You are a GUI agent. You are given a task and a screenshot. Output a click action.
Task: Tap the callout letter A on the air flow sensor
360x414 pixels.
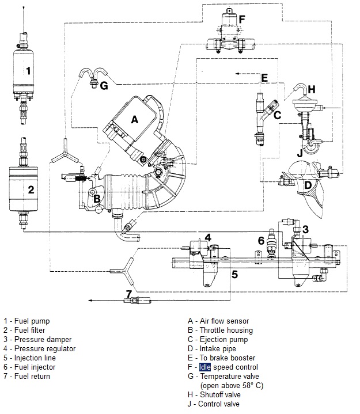coord(135,120)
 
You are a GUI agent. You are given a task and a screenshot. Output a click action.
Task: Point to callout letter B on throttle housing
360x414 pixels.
coord(97,199)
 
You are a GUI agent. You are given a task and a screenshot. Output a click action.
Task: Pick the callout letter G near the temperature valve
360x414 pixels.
coord(104,86)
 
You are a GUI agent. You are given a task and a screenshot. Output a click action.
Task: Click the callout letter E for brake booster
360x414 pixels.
coord(264,77)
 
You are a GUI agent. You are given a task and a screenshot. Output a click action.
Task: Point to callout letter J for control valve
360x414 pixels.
coord(300,153)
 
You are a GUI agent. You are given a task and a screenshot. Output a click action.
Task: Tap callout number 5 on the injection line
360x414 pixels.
coord(234,274)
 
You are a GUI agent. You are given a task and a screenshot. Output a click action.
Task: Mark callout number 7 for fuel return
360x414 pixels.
coord(129,294)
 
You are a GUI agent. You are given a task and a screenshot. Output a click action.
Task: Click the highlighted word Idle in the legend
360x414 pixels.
coord(205,367)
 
